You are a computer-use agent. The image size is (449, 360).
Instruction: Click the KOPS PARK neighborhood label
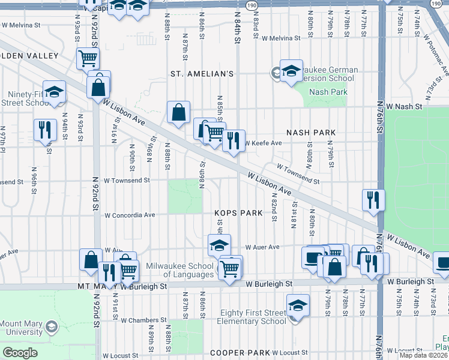[x=239, y=213]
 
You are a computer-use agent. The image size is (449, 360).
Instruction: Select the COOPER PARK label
[x=239, y=352]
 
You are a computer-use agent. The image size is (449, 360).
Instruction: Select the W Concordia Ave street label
[x=130, y=215]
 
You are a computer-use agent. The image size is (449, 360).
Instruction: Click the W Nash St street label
[x=405, y=106]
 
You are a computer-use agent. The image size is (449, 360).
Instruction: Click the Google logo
[x=20, y=352]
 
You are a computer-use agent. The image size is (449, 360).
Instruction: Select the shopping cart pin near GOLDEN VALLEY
[x=88, y=58]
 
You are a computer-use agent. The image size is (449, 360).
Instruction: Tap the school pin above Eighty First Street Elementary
[x=298, y=305]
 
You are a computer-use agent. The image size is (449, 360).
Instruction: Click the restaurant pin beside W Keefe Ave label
[x=234, y=140]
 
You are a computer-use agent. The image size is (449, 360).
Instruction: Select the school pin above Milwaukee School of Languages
[x=219, y=244]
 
